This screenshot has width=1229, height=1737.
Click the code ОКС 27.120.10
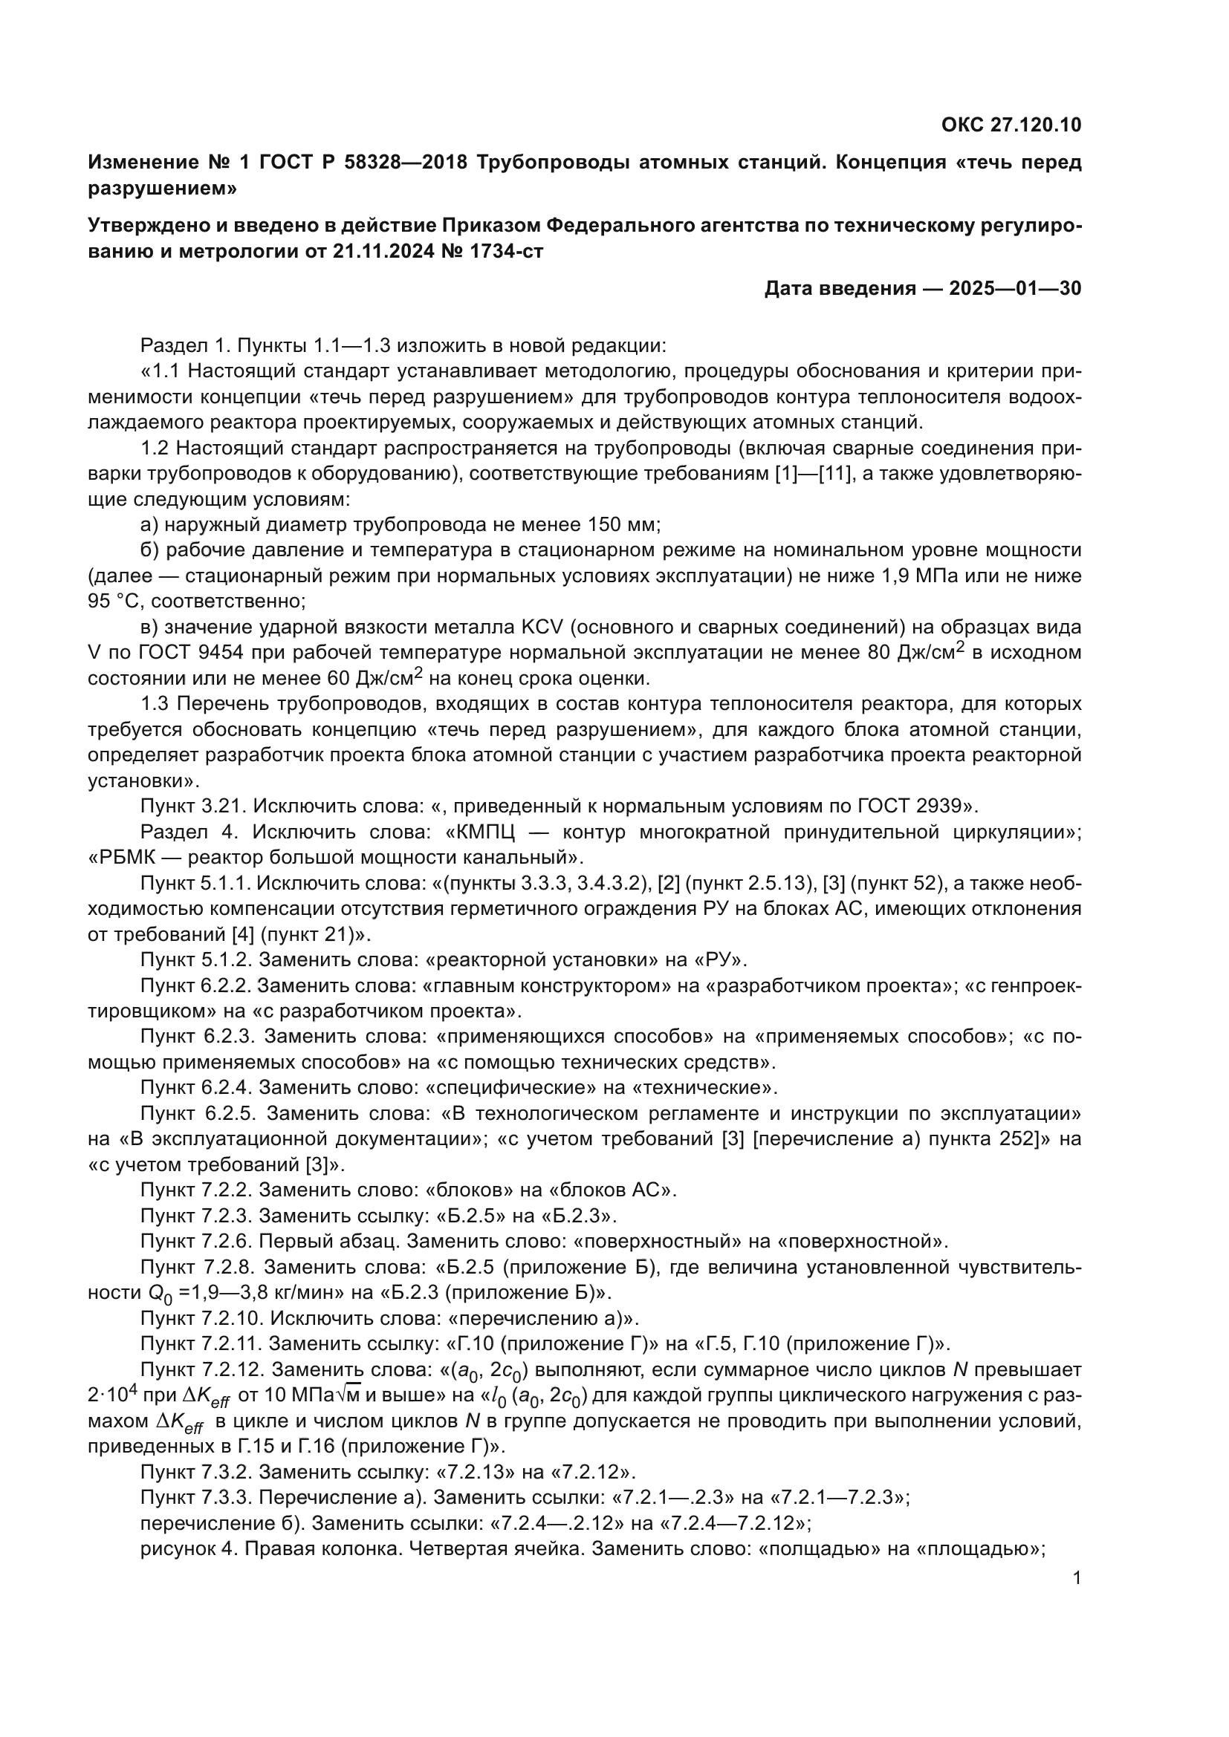(1011, 126)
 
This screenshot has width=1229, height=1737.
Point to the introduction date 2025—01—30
(1015, 288)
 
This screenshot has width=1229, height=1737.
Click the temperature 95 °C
(111, 602)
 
